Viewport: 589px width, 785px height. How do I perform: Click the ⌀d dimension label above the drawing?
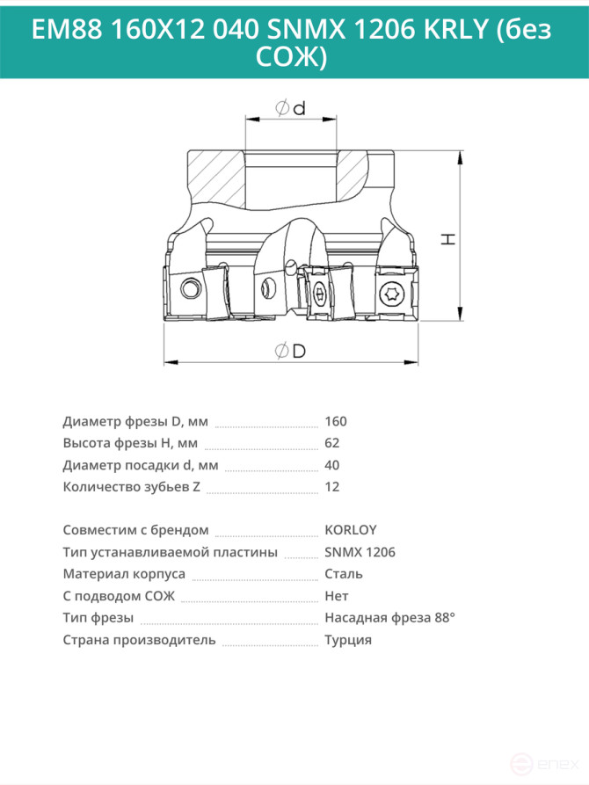point(290,107)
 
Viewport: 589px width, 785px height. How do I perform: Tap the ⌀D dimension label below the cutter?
point(290,351)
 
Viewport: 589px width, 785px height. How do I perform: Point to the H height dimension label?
point(448,238)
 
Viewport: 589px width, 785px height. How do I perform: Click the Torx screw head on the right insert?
point(389,294)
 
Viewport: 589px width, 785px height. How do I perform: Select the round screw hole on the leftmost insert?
point(190,289)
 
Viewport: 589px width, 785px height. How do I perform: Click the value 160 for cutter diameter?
point(336,422)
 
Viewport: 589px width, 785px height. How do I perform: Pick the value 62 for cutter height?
point(332,443)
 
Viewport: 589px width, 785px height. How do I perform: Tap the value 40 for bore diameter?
point(332,465)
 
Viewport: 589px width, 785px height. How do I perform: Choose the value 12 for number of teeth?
point(332,487)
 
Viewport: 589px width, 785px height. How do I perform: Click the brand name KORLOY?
point(351,530)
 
